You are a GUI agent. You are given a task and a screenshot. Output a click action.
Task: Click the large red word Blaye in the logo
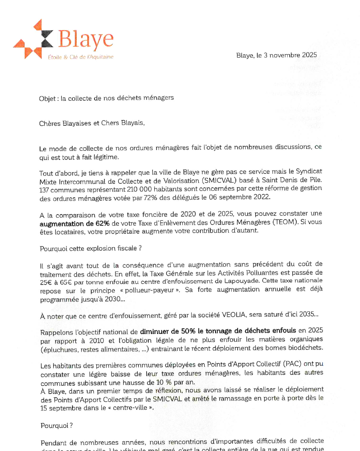tap(86, 39)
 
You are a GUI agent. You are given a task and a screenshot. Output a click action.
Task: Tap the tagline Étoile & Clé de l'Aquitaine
tap(81, 57)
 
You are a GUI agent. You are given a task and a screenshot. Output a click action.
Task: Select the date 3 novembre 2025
tap(290, 55)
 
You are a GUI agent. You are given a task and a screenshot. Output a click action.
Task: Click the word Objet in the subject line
tap(47, 98)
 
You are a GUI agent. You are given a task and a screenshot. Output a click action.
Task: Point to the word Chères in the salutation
tap(50, 123)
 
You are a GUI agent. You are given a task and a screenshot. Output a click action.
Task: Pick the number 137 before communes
tap(44, 190)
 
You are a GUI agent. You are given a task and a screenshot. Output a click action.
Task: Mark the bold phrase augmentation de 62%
tap(74, 224)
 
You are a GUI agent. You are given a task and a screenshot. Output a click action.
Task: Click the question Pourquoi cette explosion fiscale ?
tap(91, 248)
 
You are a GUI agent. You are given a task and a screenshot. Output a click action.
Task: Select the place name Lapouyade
tap(242, 281)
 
